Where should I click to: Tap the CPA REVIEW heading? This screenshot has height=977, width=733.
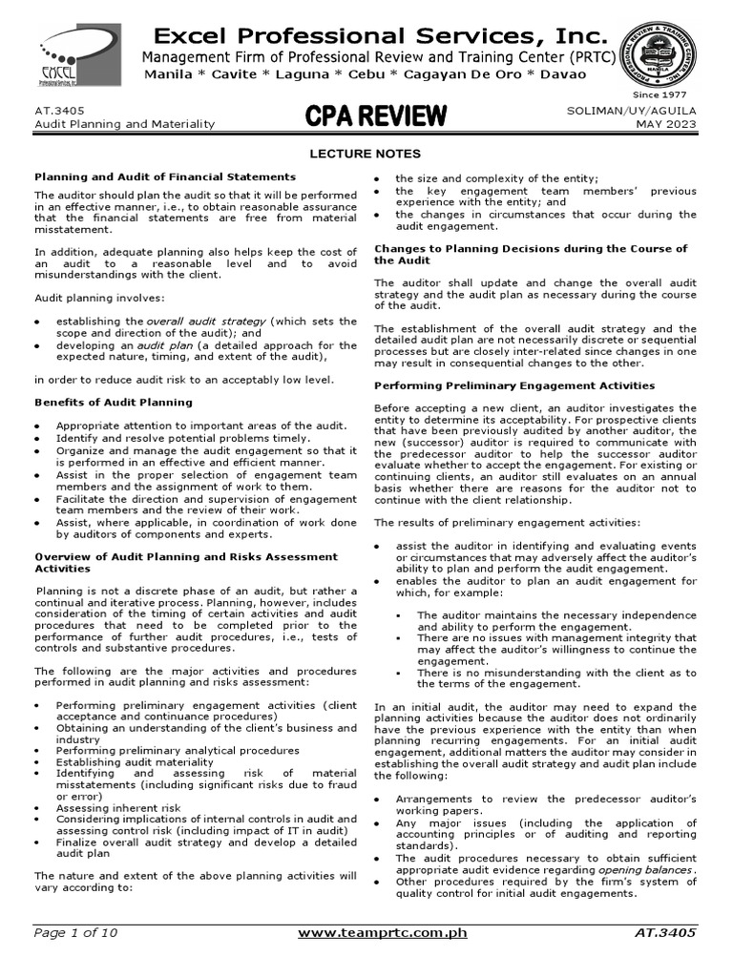(x=375, y=116)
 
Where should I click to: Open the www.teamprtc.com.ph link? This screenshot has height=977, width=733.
(x=382, y=932)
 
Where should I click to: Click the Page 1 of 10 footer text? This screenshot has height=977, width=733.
(x=76, y=932)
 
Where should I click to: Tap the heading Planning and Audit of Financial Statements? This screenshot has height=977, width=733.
(x=165, y=177)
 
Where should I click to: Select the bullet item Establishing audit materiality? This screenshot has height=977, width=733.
(x=135, y=761)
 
